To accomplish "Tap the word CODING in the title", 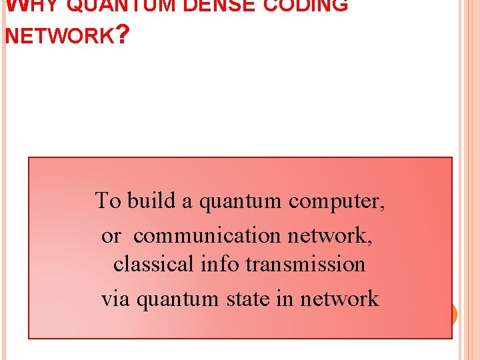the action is click(x=309, y=5).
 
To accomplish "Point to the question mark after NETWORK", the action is click(x=122, y=34).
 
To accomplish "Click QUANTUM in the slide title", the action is click(x=120, y=5).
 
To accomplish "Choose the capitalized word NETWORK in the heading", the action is click(x=59, y=35).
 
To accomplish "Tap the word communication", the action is click(x=209, y=235).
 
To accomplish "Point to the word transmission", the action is click(x=306, y=264).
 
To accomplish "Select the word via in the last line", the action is click(x=117, y=299).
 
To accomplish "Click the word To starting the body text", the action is click(x=107, y=200).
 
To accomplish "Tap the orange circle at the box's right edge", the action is click(x=454, y=314).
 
